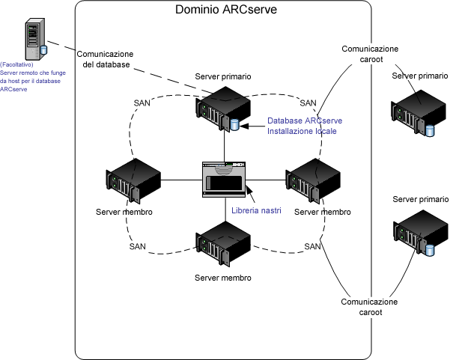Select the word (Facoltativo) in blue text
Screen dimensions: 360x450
click(16, 66)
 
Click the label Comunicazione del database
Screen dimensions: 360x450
click(106, 59)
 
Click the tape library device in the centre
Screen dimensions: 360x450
click(225, 180)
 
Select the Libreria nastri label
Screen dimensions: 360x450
click(256, 211)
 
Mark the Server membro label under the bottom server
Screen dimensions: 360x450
click(223, 278)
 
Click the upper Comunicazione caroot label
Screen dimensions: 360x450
click(370, 55)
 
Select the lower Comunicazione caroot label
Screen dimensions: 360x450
click(369, 307)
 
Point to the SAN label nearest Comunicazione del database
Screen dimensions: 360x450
click(142, 103)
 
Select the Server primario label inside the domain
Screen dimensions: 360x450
click(223, 77)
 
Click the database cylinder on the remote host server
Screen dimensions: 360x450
click(43, 49)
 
